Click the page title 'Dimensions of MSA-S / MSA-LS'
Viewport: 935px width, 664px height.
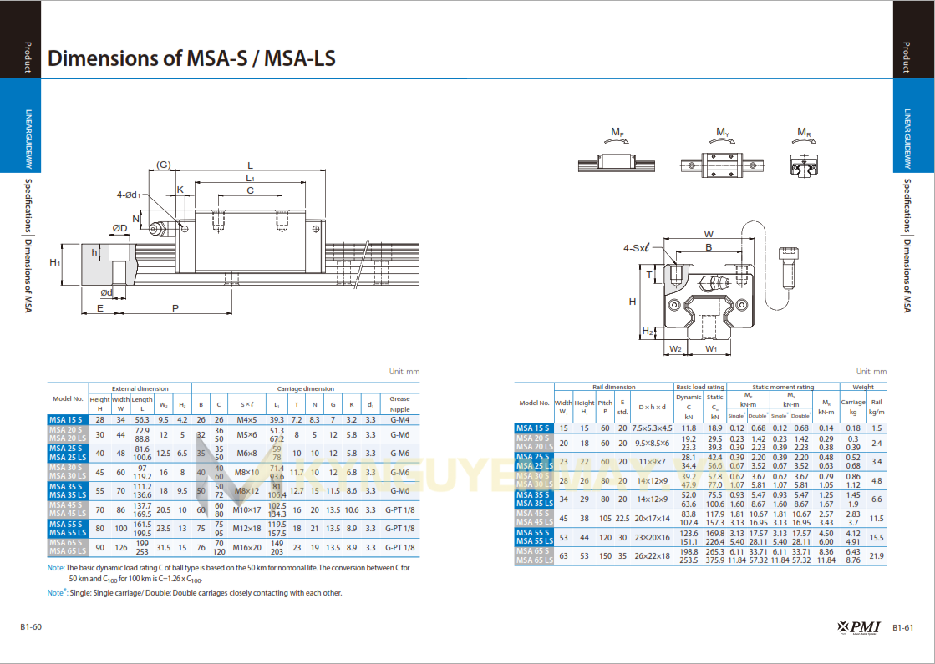click(x=192, y=58)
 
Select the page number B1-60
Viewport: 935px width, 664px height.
click(x=31, y=627)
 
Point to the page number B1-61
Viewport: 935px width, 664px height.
click(x=904, y=628)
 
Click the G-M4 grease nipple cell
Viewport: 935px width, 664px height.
click(x=399, y=419)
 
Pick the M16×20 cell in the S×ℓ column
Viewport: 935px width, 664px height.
click(x=246, y=547)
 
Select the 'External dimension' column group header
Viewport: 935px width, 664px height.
click(x=140, y=388)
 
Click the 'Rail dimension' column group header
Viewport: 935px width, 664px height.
click(x=614, y=387)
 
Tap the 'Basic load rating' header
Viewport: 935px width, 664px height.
click(x=700, y=387)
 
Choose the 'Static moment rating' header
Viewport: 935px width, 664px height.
click(x=783, y=387)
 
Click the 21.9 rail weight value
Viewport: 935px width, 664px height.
click(x=877, y=555)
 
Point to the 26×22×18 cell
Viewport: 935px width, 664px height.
click(x=652, y=555)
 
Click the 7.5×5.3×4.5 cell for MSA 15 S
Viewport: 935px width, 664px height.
click(x=652, y=428)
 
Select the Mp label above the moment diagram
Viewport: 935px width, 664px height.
click(x=617, y=132)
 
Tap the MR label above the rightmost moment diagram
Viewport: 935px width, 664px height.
click(x=803, y=132)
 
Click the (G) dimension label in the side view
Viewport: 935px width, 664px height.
click(x=163, y=165)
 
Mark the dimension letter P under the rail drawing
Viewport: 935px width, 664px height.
click(x=175, y=308)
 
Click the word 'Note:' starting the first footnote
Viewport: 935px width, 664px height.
click(x=56, y=568)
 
